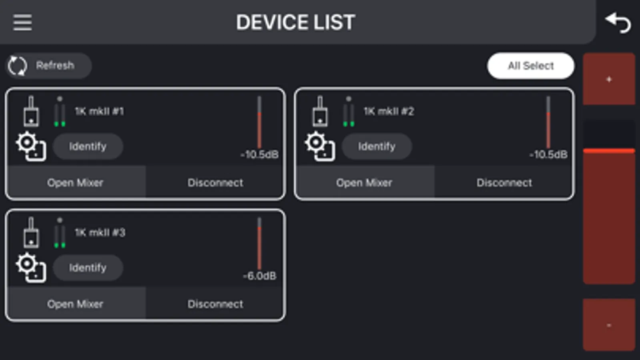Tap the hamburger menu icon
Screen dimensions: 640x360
point(22,22)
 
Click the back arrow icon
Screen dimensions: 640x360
point(618,23)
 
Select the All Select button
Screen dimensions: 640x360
point(531,66)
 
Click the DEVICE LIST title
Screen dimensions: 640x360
point(295,22)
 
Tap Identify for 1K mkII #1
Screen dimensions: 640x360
point(88,146)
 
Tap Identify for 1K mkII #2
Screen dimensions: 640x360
point(377,146)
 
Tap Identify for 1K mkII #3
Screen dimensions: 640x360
point(88,268)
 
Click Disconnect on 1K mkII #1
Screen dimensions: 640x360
point(215,182)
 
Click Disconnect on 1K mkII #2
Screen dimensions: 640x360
point(504,182)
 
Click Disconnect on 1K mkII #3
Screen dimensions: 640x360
point(215,304)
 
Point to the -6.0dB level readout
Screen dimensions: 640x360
point(259,276)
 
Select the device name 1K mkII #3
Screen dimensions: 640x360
point(100,233)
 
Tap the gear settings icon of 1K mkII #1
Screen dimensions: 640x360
point(31,146)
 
